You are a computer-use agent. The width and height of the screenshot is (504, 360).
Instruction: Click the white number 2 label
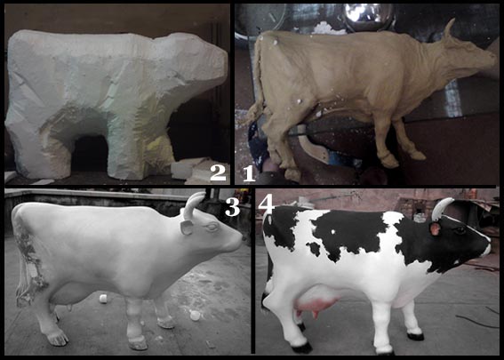[x=219, y=172]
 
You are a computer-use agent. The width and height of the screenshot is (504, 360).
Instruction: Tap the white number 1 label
[x=249, y=174]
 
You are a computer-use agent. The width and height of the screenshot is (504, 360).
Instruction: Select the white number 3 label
[x=232, y=206]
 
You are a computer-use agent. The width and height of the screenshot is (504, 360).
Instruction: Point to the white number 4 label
[x=266, y=204]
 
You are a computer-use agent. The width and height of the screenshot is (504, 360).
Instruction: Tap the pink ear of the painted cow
[x=435, y=228]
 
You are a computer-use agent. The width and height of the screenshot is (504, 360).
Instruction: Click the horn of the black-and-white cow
[x=440, y=208]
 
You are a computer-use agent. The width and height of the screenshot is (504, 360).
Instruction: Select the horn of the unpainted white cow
[x=192, y=205]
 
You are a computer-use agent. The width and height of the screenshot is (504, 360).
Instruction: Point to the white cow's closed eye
[x=212, y=228]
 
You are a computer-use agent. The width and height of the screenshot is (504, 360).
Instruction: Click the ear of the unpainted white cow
[x=187, y=227]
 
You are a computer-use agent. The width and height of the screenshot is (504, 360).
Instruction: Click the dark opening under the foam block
[x=90, y=153]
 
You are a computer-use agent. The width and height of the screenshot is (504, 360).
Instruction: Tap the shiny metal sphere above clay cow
[x=369, y=14]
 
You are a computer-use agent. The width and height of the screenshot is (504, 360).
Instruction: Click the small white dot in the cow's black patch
[x=333, y=231]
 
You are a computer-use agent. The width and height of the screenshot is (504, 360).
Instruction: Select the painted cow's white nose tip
[x=486, y=248]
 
